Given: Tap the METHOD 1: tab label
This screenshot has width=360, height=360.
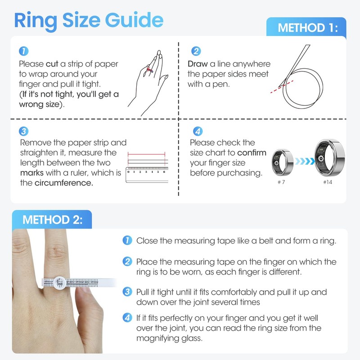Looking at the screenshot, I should pyautogui.click(x=307, y=27).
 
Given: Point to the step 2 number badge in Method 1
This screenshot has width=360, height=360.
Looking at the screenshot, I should pyautogui.click(x=196, y=51).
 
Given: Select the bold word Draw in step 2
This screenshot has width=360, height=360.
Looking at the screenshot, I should pyautogui.click(x=198, y=64).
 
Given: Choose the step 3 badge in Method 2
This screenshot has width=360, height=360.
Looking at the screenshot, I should pyautogui.click(x=128, y=292).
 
